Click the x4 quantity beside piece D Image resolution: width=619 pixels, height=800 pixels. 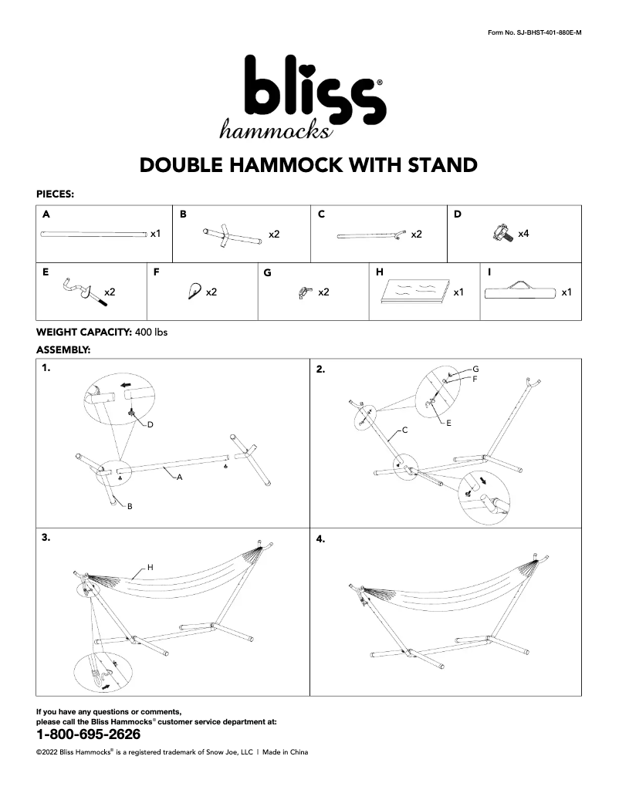(523, 233)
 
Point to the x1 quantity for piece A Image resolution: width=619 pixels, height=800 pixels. (155, 233)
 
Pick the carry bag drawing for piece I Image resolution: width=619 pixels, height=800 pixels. (520, 292)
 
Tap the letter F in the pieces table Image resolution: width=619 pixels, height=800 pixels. (157, 272)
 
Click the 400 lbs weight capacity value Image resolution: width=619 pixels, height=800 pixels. (151, 332)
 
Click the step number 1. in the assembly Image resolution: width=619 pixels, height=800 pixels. (47, 370)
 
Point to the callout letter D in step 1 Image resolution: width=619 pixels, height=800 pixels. (151, 424)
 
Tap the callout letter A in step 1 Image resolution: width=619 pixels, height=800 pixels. (179, 478)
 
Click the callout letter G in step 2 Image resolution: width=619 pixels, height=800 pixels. (476, 370)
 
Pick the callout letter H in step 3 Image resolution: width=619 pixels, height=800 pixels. (151, 567)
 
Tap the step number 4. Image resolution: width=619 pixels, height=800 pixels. (321, 539)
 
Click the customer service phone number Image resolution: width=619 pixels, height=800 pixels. (89, 734)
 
